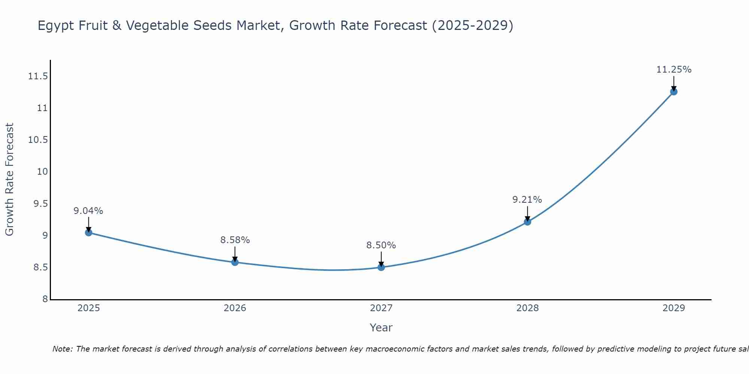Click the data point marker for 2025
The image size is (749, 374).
click(x=88, y=233)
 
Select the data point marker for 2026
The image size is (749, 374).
click(x=235, y=262)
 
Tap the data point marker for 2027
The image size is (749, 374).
click(x=381, y=267)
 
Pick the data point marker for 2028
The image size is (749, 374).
click(x=527, y=222)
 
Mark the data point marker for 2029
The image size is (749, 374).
click(x=674, y=92)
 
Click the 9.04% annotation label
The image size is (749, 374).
click(x=88, y=211)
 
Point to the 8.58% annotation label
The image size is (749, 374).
click(x=235, y=240)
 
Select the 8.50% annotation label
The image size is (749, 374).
click(x=381, y=245)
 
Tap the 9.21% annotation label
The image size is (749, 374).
click(x=527, y=200)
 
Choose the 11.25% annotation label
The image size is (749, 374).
click(x=674, y=70)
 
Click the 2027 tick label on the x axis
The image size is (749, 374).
click(x=381, y=308)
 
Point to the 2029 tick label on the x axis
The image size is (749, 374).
click(x=674, y=308)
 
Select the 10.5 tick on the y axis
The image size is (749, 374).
click(x=38, y=140)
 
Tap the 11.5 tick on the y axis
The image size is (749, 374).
click(x=38, y=76)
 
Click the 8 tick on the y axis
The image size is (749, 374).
click(x=45, y=299)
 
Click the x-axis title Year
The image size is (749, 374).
click(x=381, y=328)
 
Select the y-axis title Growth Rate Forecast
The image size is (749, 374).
click(x=9, y=180)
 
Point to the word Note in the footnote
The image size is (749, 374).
click(x=62, y=349)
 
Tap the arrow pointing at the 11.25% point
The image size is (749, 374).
click(x=674, y=83)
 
